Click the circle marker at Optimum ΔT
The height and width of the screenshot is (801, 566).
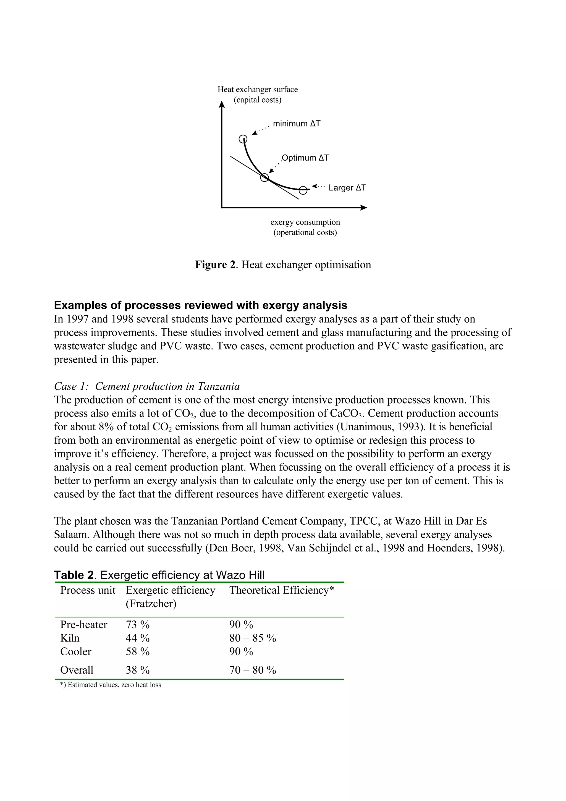coord(264,177)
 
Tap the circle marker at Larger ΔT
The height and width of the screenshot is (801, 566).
coord(303,190)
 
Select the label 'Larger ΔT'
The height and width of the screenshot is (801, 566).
coord(347,188)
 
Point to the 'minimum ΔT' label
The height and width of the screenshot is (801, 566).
coord(297,124)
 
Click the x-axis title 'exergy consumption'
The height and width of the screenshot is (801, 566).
coord(305,222)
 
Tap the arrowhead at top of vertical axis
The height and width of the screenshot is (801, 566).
coord(221,104)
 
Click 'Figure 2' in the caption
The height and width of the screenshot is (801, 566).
coord(215,265)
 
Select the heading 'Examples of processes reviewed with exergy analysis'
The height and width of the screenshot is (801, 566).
coord(201,305)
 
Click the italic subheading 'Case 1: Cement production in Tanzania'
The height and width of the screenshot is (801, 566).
coord(147,386)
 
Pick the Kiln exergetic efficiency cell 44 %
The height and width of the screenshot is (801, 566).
coord(137,638)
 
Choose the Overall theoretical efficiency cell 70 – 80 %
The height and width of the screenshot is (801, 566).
coord(253,670)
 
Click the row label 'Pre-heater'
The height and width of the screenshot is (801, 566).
coord(84,624)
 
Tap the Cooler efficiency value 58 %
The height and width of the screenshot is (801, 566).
coord(137,651)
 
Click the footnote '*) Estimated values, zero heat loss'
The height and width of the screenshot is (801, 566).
coord(111,685)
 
